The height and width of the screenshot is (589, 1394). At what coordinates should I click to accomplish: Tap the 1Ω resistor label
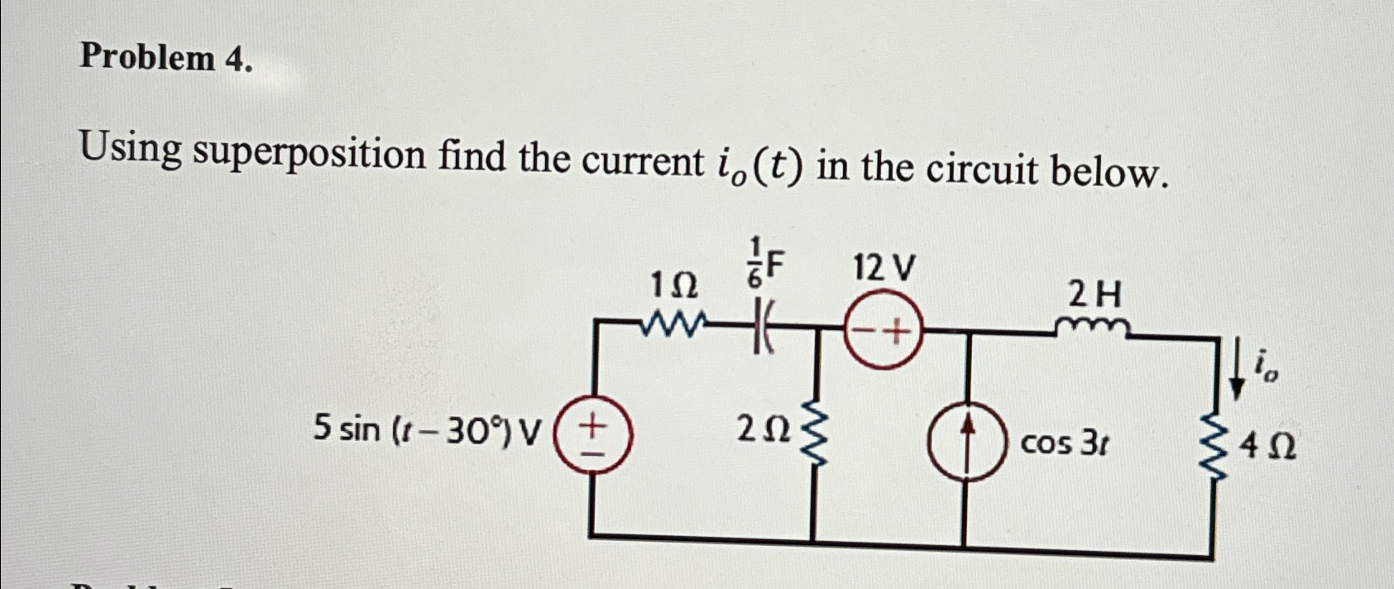[673, 286]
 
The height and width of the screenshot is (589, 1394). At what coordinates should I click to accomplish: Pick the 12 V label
[884, 268]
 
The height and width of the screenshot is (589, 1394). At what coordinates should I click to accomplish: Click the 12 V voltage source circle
[883, 334]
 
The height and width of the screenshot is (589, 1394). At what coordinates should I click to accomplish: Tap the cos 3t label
[1065, 444]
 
